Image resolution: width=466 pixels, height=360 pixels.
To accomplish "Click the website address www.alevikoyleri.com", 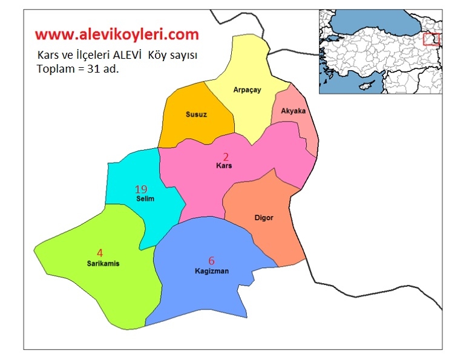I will tap(116, 33).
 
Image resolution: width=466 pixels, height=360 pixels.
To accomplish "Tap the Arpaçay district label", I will tap(247, 90).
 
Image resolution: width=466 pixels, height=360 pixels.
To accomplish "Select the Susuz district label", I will tap(197, 114).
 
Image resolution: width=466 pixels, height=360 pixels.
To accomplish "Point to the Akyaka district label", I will tap(294, 111).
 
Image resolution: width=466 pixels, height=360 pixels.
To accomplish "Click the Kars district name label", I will tap(224, 165).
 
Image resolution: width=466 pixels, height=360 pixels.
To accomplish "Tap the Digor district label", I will tap(264, 217).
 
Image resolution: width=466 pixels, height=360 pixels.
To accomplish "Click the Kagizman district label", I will tap(211, 271).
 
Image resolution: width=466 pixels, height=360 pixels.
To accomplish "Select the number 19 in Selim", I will tap(141, 189).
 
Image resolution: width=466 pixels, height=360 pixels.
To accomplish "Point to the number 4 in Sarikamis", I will tap(100, 253).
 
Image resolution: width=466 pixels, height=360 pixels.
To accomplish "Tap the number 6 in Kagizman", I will tap(211, 261).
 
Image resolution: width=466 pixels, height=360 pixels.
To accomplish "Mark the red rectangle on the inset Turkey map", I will tap(431, 39).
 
